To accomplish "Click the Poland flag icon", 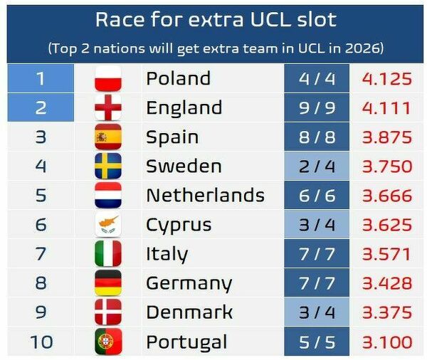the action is [108, 78].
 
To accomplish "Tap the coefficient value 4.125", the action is [387, 79].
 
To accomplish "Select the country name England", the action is [184, 107].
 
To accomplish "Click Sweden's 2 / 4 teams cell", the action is [317, 166].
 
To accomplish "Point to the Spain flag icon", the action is [108, 137].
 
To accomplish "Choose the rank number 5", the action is [41, 195].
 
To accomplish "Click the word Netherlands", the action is [206, 195].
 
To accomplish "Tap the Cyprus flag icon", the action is [108, 225].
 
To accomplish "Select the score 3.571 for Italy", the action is [386, 254].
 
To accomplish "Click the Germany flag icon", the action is [108, 283].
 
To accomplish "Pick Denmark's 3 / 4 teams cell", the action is [317, 312].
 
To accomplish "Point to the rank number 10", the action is [41, 342].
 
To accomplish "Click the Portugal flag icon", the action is [108, 342].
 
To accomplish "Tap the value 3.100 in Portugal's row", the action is [387, 342].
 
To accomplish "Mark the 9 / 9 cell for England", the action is [317, 107].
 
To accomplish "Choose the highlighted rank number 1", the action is [41, 78].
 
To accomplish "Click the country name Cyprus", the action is [179, 226].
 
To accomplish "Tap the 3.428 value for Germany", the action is [387, 283].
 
